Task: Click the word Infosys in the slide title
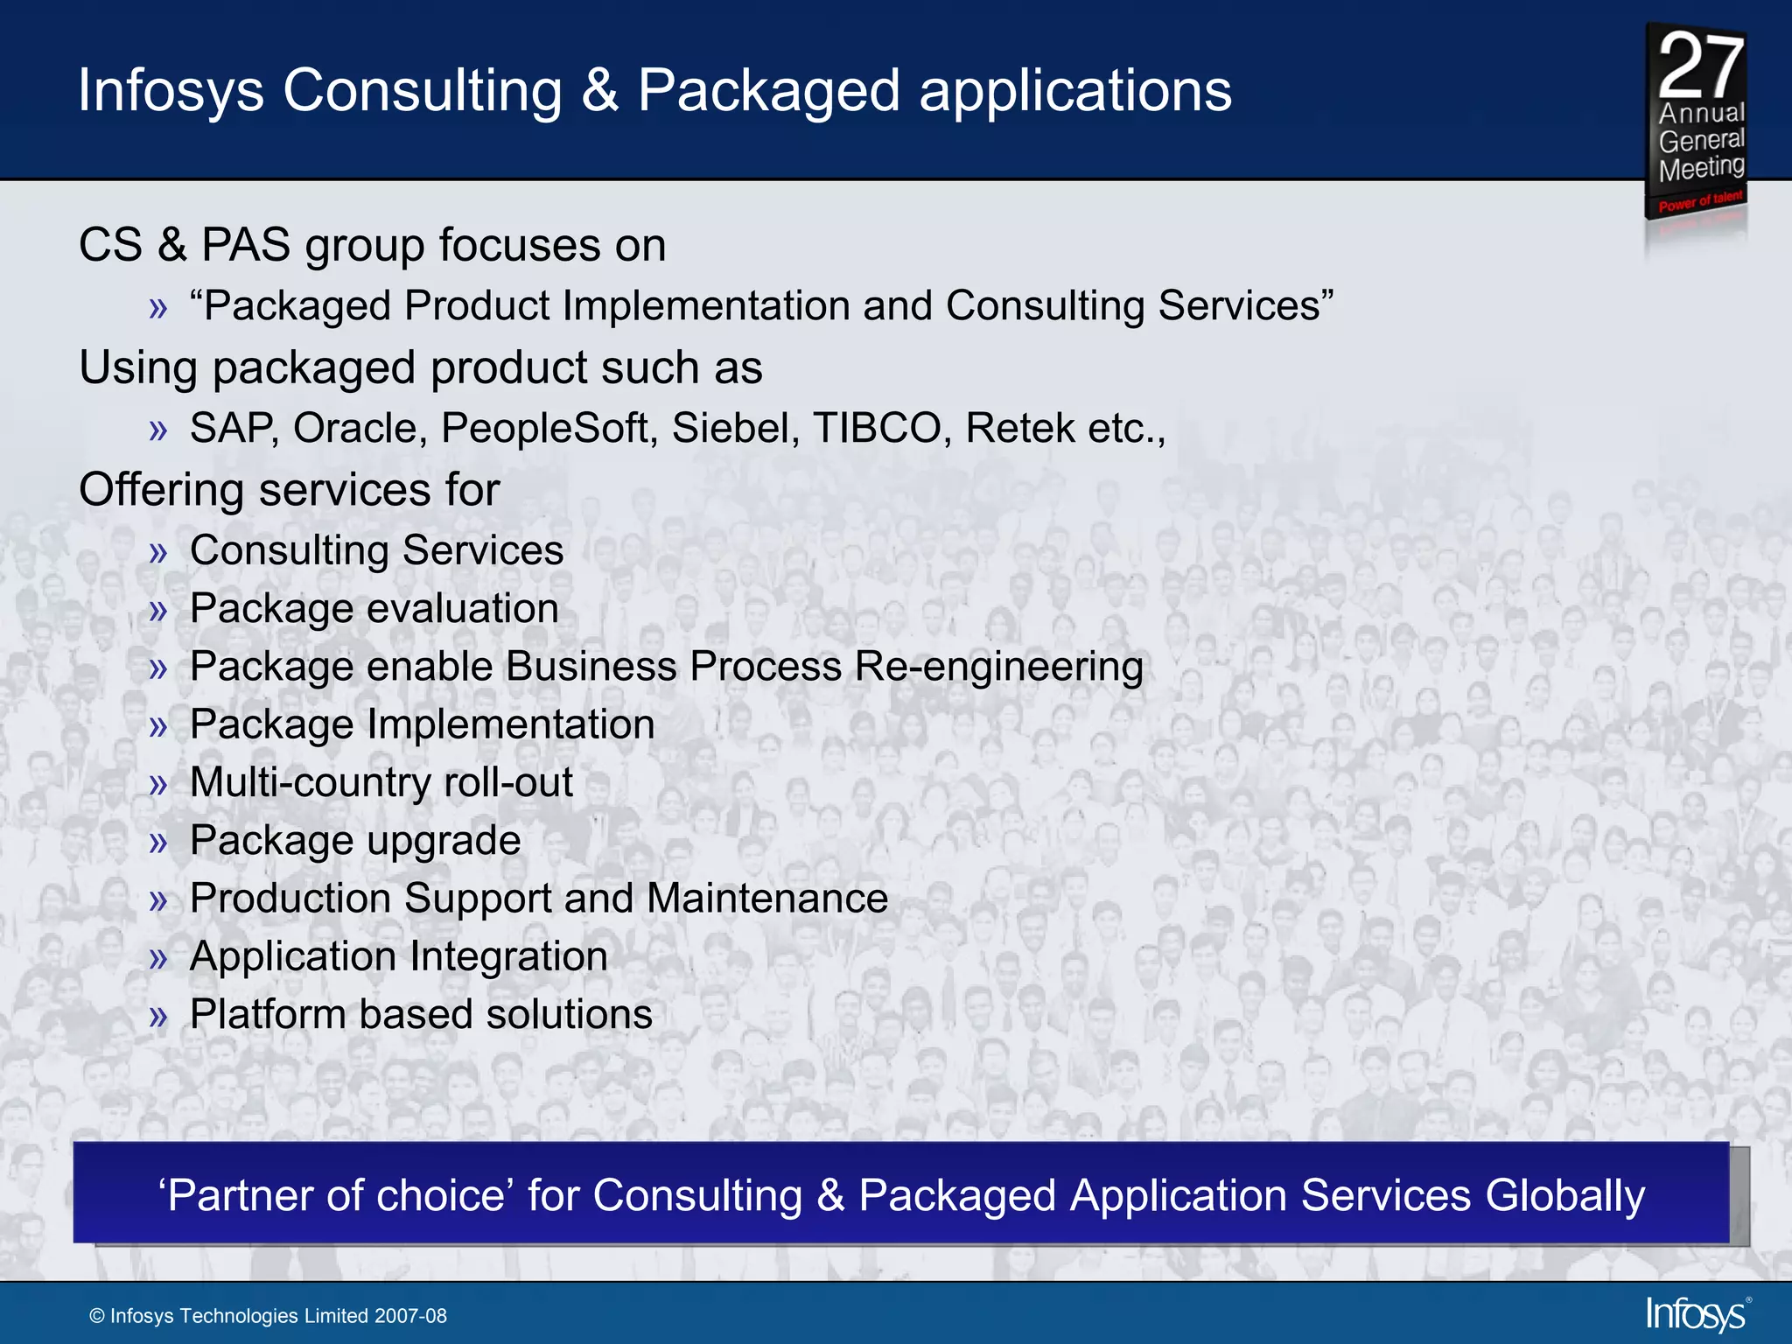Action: (x=171, y=91)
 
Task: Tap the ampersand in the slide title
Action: (x=600, y=91)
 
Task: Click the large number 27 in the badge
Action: (x=1700, y=66)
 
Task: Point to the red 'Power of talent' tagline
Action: (x=1700, y=201)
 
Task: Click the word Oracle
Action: (x=360, y=429)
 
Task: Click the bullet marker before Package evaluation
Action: (x=158, y=611)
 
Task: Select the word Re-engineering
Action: (x=998, y=668)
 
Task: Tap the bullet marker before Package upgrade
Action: (x=158, y=843)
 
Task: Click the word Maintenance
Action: (x=767, y=899)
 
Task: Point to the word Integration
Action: (x=508, y=956)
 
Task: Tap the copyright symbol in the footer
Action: (x=97, y=1317)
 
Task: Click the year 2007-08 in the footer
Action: (x=410, y=1316)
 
